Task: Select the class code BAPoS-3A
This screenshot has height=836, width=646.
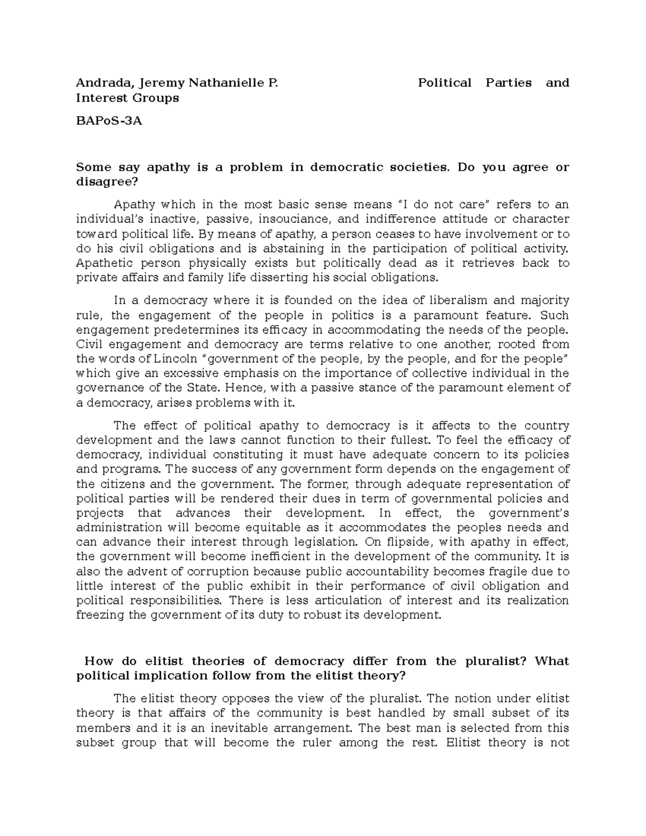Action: (109, 121)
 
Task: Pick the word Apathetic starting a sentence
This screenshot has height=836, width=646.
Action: (106, 263)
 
